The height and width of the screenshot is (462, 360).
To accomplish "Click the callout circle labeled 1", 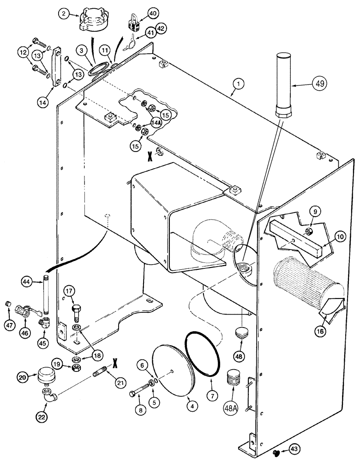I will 238,85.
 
